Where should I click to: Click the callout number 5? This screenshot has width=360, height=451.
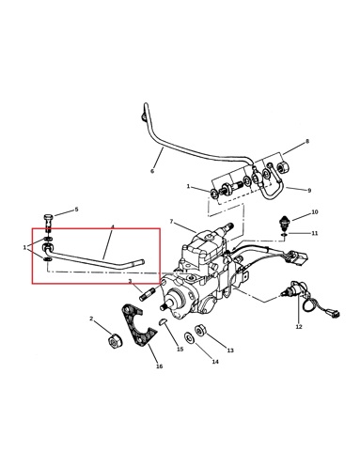[x=76, y=210]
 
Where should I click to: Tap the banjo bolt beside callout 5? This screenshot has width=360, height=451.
[x=48, y=223]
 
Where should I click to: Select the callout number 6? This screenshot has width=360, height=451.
[x=152, y=171]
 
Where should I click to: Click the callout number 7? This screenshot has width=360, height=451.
[x=171, y=222]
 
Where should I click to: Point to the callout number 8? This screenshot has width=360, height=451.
[x=307, y=141]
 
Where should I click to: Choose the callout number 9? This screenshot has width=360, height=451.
[x=309, y=190]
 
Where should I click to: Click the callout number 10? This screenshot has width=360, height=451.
[x=315, y=212]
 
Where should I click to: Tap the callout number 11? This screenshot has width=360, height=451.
[x=315, y=233]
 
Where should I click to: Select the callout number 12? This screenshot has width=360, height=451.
[x=299, y=327]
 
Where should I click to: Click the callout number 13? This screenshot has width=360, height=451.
[x=230, y=350]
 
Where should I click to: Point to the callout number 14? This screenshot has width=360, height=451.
[x=215, y=362]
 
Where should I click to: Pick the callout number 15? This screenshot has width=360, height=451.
[x=180, y=350]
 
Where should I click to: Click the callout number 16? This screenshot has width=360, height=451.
[x=159, y=366]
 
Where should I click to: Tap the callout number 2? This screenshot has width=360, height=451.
[x=91, y=319]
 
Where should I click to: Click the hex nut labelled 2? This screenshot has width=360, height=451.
[x=114, y=341]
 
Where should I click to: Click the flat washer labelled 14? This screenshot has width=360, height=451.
[x=189, y=337]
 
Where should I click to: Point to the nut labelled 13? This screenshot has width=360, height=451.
[x=199, y=331]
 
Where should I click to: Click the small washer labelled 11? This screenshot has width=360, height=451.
[x=283, y=234]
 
